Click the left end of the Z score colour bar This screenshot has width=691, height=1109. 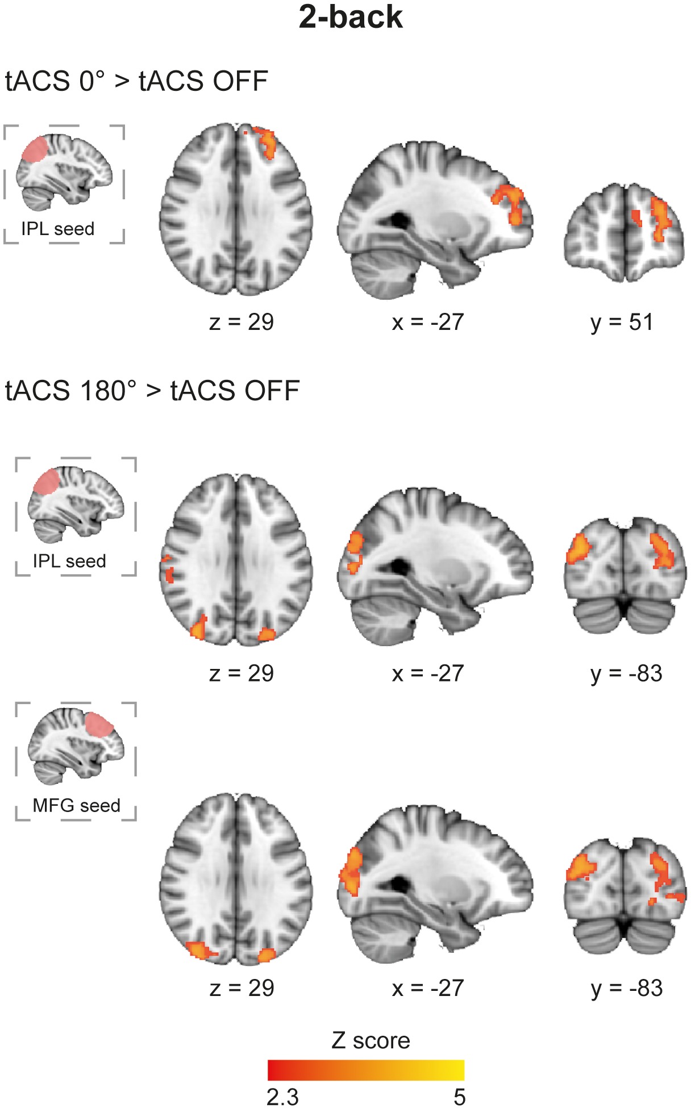[268, 1070]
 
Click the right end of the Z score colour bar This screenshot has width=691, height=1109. [464, 1070]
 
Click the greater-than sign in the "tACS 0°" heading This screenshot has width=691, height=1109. [122, 82]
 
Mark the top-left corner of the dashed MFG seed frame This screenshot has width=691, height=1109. [16, 703]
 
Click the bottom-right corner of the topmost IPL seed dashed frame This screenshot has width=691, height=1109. [124, 243]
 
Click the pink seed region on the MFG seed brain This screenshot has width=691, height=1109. [99, 725]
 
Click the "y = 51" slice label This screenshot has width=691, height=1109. [622, 323]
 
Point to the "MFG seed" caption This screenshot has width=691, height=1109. [76, 805]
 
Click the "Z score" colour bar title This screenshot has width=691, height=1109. [371, 1040]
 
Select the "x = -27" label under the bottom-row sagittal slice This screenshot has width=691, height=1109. [428, 989]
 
